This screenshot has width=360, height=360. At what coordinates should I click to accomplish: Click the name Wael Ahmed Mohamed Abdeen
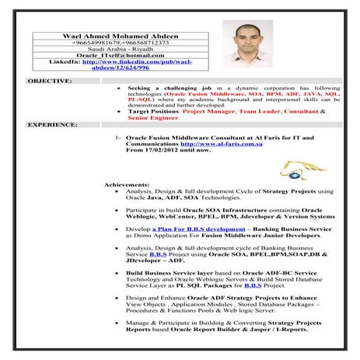click(x=113, y=36)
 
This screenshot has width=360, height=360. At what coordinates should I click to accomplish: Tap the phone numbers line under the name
click(x=113, y=44)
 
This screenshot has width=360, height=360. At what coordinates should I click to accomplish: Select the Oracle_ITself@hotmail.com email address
click(x=113, y=56)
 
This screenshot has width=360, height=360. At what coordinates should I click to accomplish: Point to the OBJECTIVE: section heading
click(x=50, y=80)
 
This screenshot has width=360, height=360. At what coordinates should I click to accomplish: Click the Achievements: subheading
click(x=128, y=184)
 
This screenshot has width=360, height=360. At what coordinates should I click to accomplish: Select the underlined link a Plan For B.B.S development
click(x=191, y=230)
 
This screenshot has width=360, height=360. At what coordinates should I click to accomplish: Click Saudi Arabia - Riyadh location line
click(x=113, y=50)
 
